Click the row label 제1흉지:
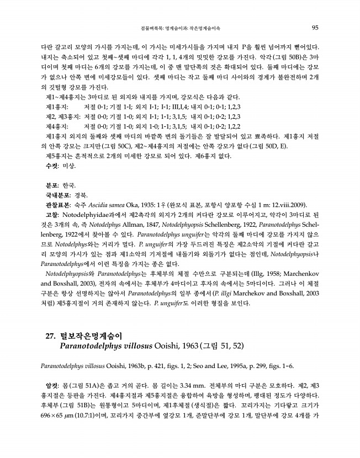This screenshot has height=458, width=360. click(x=57, y=106)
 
